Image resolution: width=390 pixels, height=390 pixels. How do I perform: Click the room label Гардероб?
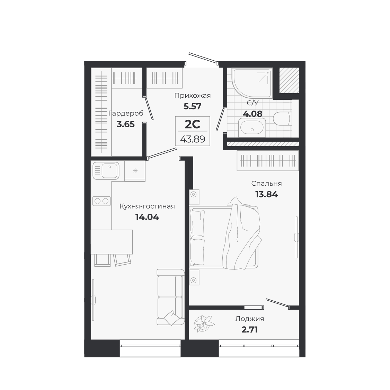tap(126, 114)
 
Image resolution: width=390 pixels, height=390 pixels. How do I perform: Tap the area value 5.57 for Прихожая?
tap(192, 106)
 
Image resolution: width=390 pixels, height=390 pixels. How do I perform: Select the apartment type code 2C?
tap(193, 124)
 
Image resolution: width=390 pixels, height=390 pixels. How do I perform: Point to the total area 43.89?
tap(193, 139)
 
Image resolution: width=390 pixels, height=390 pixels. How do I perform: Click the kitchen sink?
tap(106, 170)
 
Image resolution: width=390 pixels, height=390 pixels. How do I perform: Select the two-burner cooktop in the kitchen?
tap(101, 201)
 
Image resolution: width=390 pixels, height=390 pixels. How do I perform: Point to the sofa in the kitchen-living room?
tap(170, 297)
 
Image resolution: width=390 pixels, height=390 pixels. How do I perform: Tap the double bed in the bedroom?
tap(224, 237)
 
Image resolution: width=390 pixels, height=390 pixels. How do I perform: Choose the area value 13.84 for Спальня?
tap(266, 194)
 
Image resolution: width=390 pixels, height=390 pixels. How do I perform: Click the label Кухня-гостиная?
tap(147, 206)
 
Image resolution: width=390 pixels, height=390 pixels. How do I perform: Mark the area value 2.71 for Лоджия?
tap(249, 329)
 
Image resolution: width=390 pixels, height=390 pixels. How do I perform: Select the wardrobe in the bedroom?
tap(267, 160)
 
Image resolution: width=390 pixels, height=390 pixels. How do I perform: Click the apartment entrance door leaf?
tap(203, 59)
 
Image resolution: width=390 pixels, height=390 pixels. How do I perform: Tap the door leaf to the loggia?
tap(277, 302)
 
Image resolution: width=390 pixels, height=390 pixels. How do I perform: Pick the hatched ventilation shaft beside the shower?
tap(289, 80)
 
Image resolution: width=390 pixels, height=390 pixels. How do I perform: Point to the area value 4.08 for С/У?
tap(252, 114)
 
